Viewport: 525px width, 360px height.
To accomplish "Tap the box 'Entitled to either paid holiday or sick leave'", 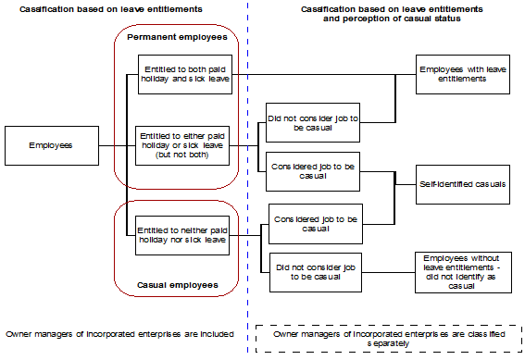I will (x=181, y=145).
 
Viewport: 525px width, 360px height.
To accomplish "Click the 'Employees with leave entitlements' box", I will (x=463, y=74).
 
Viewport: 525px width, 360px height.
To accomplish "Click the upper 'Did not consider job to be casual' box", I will (x=313, y=123).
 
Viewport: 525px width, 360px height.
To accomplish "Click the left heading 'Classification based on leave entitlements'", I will (x=104, y=8).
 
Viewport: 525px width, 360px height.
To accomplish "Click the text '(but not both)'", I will (x=181, y=155).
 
